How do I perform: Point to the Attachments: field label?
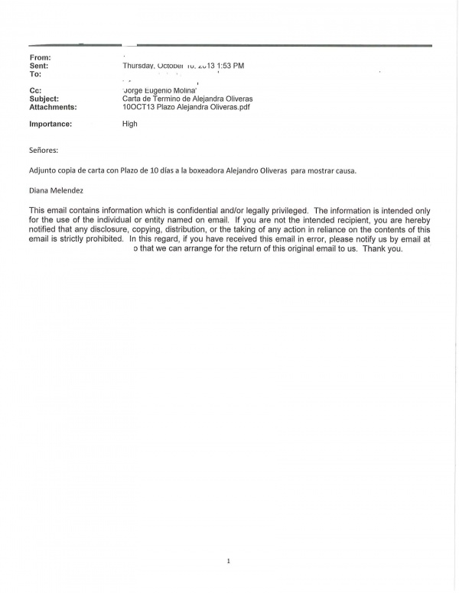53,108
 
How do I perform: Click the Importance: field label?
50,124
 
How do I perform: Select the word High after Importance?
130,124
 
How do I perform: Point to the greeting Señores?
44,151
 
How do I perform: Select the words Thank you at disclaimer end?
382,249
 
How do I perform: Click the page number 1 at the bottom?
229,562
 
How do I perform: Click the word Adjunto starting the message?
44,170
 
